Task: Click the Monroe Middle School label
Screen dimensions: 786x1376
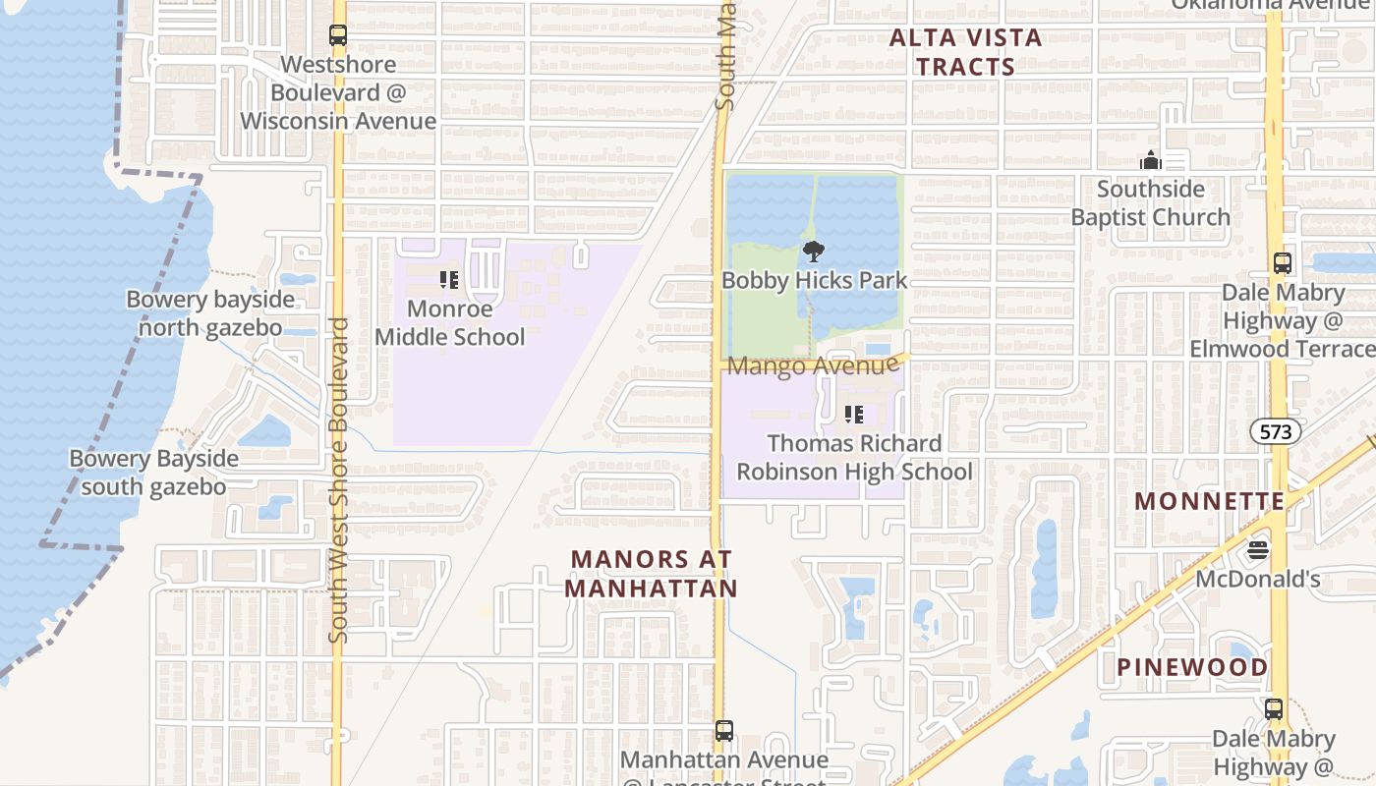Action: [450, 323]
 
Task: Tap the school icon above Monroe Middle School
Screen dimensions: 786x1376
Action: [449, 280]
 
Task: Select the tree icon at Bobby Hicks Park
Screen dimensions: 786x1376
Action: [813, 252]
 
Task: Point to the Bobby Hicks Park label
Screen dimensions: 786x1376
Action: [814, 281]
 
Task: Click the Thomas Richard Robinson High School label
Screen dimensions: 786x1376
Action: [854, 458]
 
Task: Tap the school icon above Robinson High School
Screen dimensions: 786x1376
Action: [854, 415]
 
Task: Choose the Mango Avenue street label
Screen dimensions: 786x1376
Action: [814, 366]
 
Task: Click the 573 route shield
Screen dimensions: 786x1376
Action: [1276, 430]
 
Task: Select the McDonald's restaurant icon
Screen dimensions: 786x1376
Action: [1258, 550]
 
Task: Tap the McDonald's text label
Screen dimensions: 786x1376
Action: [1257, 580]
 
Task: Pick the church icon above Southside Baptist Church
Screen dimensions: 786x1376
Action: [1150, 160]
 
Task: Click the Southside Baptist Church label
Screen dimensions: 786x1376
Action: [1150, 203]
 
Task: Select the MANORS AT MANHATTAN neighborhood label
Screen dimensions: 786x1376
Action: [652, 574]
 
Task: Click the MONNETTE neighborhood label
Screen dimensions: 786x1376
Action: [1209, 501]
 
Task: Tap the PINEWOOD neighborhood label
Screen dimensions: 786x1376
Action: [1192, 668]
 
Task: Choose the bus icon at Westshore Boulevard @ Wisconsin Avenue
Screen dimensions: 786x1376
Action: [338, 35]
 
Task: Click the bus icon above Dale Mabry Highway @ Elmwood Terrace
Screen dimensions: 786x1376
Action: [1282, 263]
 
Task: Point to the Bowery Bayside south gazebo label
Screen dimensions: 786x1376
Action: [153, 473]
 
